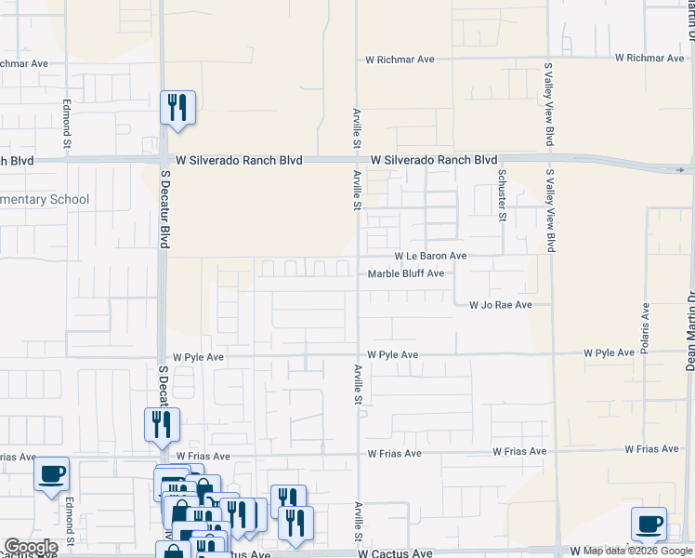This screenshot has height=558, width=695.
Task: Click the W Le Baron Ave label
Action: coord(430,256)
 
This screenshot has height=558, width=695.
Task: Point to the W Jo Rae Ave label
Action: coord(500,305)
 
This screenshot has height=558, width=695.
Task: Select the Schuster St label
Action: coord(502,195)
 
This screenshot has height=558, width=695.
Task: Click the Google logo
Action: coord(30,547)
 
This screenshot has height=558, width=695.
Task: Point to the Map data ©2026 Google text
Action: coord(637,551)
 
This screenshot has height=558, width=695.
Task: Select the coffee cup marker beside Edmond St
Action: coord(51,474)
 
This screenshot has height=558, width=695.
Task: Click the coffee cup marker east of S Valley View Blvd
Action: coord(649,524)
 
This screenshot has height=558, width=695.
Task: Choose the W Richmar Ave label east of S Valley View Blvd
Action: coord(649,58)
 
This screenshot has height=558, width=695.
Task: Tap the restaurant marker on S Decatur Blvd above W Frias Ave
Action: coord(162,425)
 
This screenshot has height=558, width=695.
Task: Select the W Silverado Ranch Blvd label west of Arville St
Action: coord(240,161)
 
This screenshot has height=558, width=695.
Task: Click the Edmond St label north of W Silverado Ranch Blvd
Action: coord(67,124)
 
